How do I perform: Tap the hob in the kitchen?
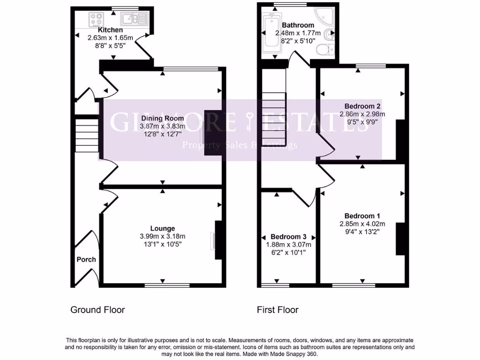(x=97, y=20)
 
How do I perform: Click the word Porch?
(x=86, y=259)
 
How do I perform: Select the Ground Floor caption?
(x=97, y=309)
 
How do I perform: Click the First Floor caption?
(x=277, y=309)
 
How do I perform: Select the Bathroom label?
(x=298, y=25)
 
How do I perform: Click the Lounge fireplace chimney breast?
(x=217, y=240)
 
